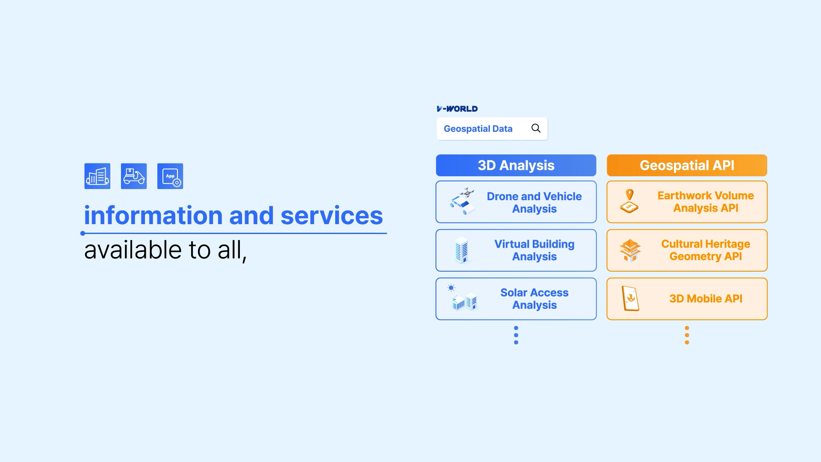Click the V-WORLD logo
[x=457, y=109]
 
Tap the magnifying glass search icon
[x=536, y=128]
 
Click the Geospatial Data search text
[x=478, y=129]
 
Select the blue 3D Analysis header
[x=516, y=166]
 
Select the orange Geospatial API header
[x=687, y=166]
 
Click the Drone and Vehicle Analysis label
[x=535, y=202]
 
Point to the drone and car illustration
[x=462, y=201]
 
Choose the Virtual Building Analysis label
[x=535, y=250]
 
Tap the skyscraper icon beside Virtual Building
[x=462, y=250]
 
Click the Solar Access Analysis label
[x=535, y=299]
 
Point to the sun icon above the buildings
[x=451, y=288]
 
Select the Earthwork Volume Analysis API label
[x=706, y=202]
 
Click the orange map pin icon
[x=629, y=195]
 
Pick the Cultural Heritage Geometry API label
[x=706, y=250]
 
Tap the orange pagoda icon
[x=630, y=250]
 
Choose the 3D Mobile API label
[x=706, y=299]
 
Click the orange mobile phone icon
[x=630, y=298]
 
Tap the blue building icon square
[x=97, y=176]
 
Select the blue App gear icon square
[x=170, y=176]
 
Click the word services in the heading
[x=332, y=215]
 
